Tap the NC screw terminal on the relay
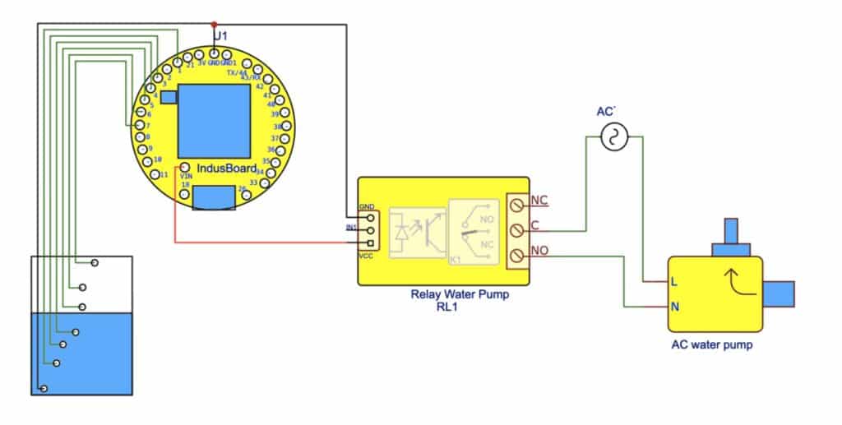click(518, 201)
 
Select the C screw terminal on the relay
click(518, 229)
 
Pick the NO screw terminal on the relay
click(518, 257)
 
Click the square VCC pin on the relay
click(372, 243)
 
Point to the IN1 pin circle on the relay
click(372, 231)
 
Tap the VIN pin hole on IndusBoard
click(186, 168)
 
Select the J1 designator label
click(220, 37)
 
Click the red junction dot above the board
click(214, 24)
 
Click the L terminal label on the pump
click(674, 282)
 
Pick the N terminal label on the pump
click(674, 307)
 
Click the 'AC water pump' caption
click(711, 345)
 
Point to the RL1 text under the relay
click(446, 307)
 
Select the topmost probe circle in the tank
click(95, 262)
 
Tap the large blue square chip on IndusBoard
click(214, 120)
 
